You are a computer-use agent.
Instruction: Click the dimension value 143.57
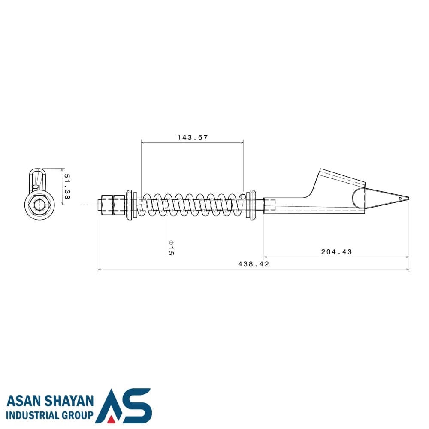(x=192, y=137)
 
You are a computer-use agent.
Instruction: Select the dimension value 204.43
(x=336, y=252)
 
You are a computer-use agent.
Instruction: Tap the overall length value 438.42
(x=254, y=264)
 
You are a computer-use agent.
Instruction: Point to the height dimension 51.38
(x=67, y=187)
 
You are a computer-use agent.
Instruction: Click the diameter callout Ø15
(x=171, y=248)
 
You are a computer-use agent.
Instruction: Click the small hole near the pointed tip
(x=400, y=198)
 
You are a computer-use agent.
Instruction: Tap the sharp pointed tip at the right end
(x=409, y=199)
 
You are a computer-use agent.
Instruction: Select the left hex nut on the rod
(x=107, y=205)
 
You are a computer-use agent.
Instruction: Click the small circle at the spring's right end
(x=243, y=196)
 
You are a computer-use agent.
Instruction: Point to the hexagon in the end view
(x=39, y=205)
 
